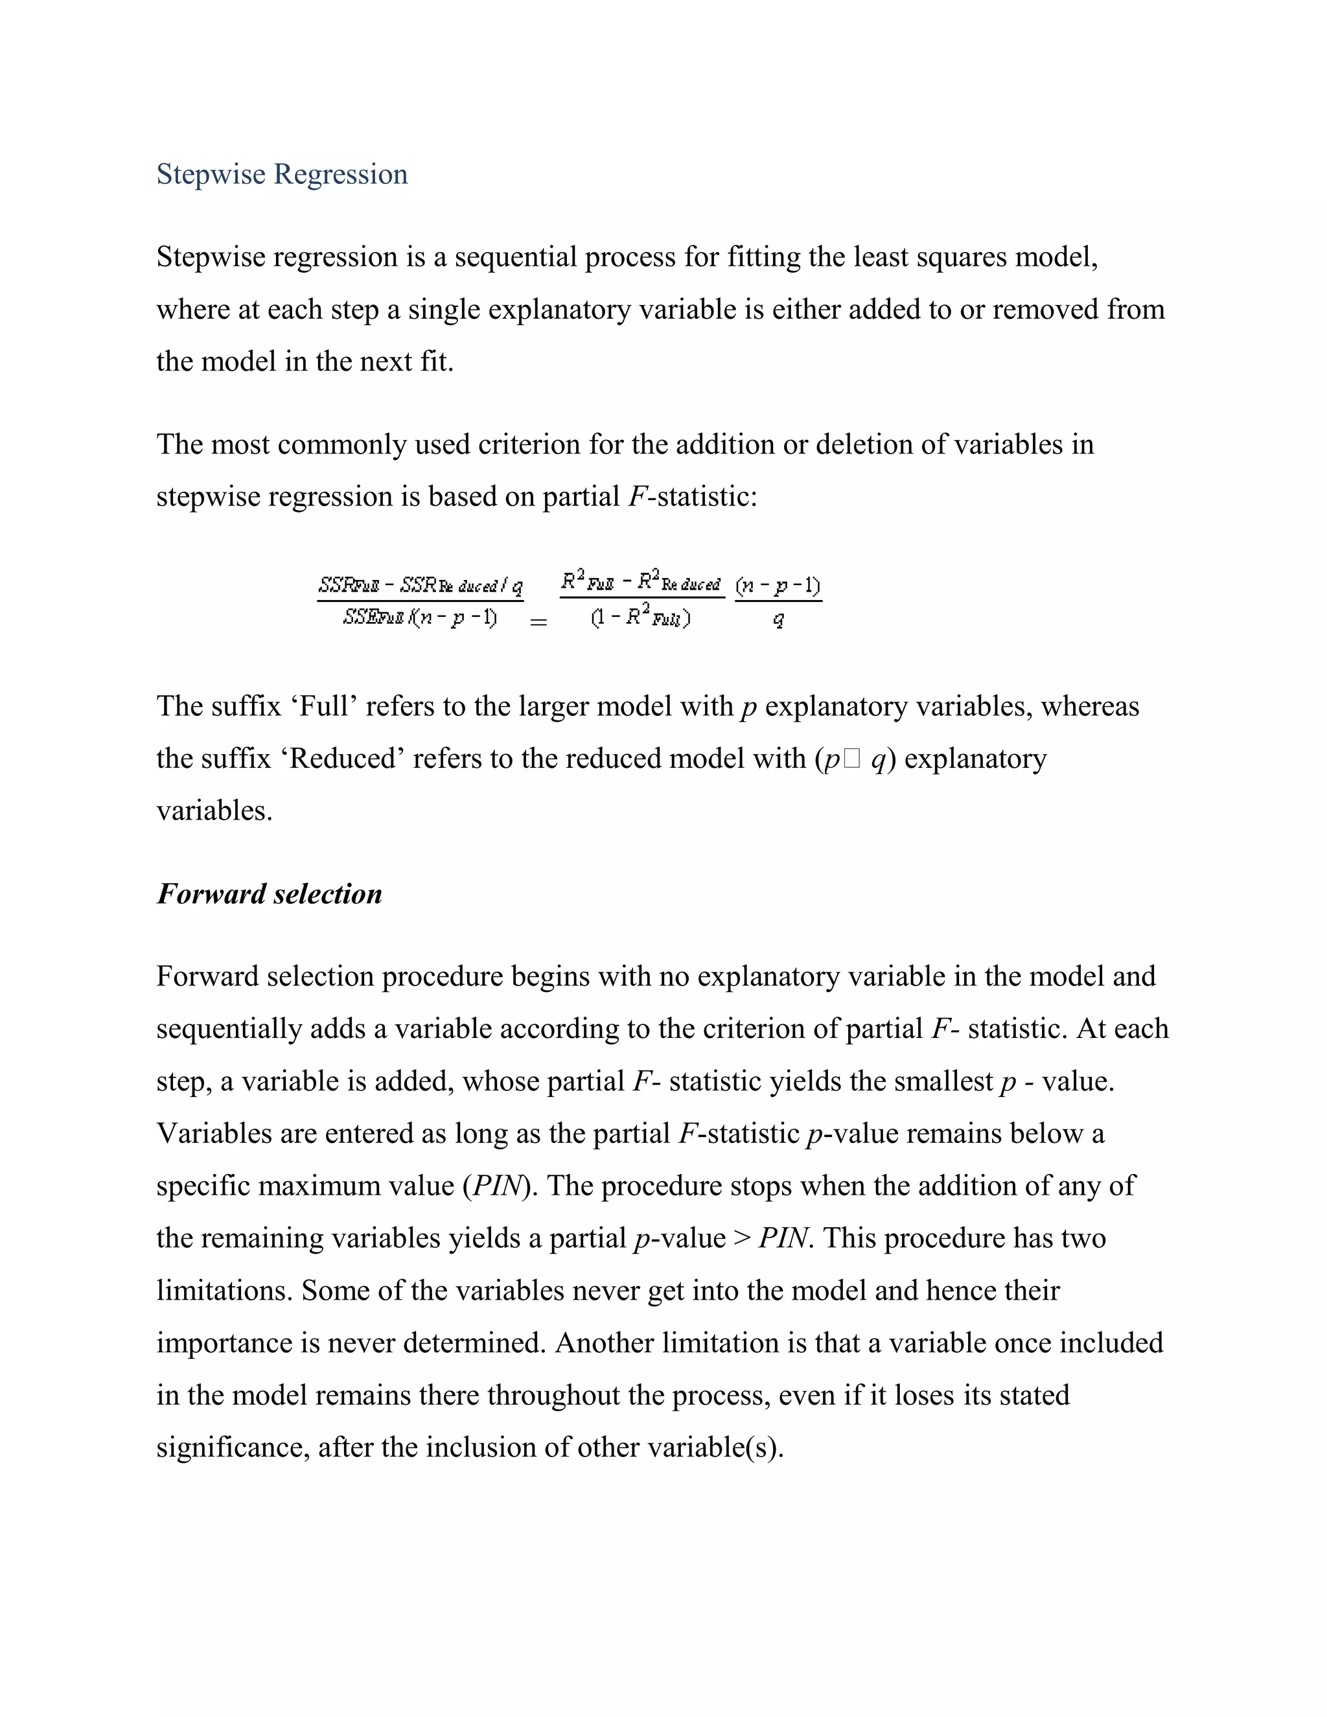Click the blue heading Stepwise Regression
click(281, 174)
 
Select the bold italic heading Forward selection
click(269, 894)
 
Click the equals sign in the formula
click(538, 623)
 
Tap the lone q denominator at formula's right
click(778, 620)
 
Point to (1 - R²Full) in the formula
click(641, 619)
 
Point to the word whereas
click(1090, 707)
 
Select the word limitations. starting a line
click(224, 1291)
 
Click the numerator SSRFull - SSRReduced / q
click(421, 586)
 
